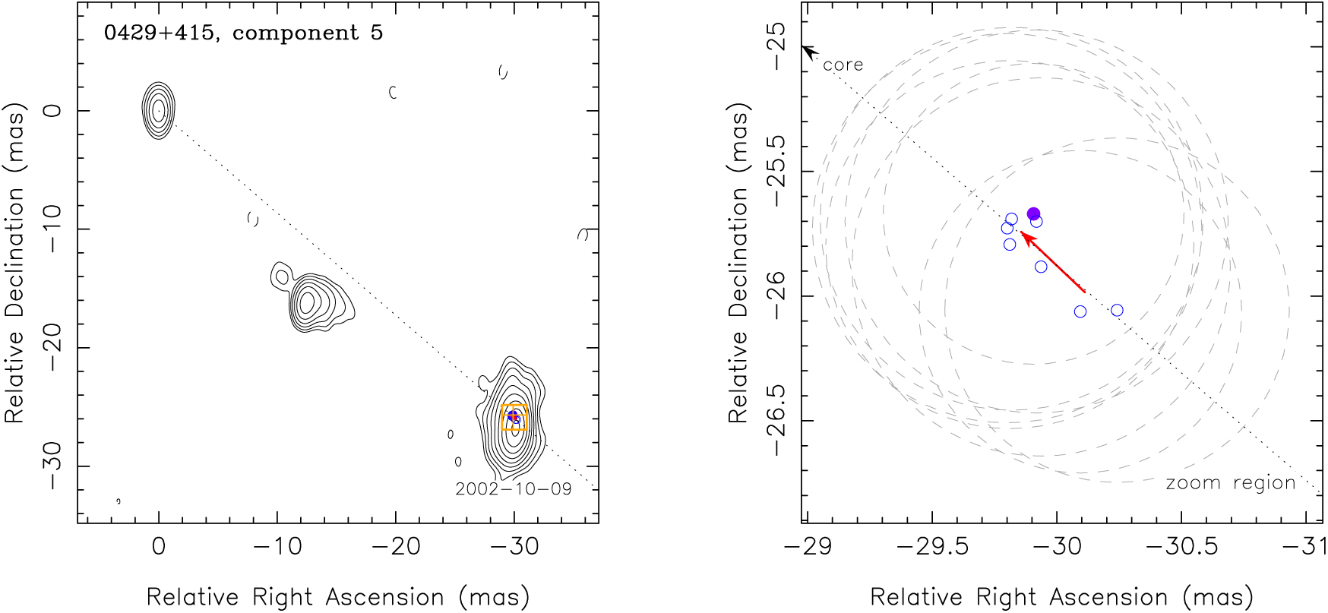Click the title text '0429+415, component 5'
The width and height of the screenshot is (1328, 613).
point(243,33)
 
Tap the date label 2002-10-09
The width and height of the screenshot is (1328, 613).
point(513,488)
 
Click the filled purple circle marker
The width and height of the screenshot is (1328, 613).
point(1033,213)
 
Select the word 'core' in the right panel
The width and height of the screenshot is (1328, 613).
point(843,65)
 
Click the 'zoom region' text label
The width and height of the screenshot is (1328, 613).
point(1230,483)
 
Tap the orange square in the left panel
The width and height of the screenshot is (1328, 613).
point(514,417)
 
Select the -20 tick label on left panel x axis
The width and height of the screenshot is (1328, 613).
point(395,546)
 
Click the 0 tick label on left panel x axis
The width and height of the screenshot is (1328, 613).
point(158,546)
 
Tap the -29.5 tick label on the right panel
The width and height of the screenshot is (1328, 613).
point(931,546)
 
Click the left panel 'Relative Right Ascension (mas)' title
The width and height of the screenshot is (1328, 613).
point(337,597)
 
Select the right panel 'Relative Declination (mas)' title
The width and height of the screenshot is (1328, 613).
point(738,262)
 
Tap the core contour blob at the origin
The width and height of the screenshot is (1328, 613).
point(158,111)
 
